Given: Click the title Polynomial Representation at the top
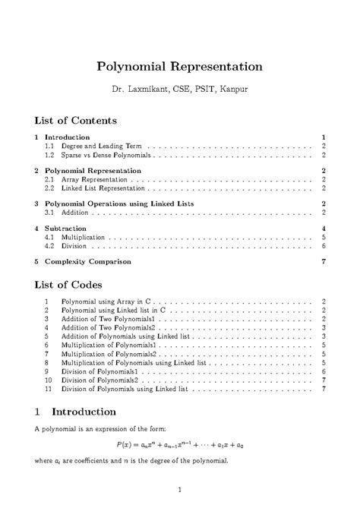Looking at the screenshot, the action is tap(180, 66).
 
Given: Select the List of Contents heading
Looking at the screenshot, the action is tap(76, 120).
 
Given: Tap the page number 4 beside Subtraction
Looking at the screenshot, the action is tap(324, 229).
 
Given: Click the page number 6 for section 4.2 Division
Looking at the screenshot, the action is tap(324, 246).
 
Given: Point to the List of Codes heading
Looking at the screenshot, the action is tap(71, 286).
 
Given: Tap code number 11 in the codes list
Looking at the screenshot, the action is tap(47, 388).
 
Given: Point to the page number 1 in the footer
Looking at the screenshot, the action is tap(179, 489).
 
